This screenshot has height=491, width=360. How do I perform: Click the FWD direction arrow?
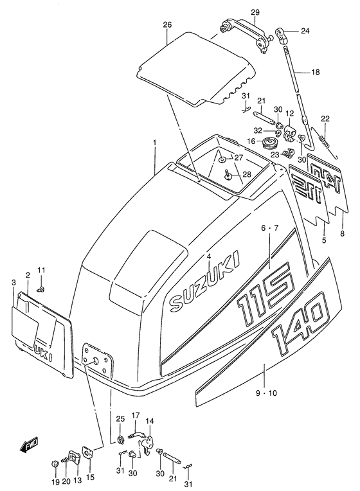pyautogui.click(x=28, y=445)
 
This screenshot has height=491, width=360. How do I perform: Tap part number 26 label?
pyautogui.click(x=168, y=24)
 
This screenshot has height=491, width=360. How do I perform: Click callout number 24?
pyautogui.click(x=305, y=31)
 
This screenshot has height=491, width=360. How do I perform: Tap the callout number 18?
pyautogui.click(x=316, y=72)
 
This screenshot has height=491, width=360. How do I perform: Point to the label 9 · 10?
pyautogui.click(x=266, y=393)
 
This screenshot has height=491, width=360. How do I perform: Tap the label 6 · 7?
pyautogui.click(x=270, y=228)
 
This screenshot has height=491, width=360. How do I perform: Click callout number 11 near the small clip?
pyautogui.click(x=41, y=270)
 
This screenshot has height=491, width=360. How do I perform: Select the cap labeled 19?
pyautogui.click(x=55, y=463)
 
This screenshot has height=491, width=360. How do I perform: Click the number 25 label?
pyautogui.click(x=120, y=418)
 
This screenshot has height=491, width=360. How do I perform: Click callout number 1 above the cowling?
pyautogui.click(x=154, y=143)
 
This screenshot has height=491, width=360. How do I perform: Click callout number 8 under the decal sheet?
pyautogui.click(x=342, y=233)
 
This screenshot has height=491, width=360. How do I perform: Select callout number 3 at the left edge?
pyautogui.click(x=13, y=283)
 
